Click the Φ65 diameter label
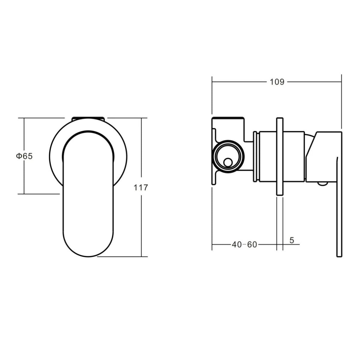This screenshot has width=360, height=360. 24,156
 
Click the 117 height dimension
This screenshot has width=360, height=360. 141,187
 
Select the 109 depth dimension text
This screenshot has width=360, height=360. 277,82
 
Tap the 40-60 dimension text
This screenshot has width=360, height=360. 244,245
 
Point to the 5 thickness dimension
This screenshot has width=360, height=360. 292,240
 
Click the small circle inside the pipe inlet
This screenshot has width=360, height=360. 228,162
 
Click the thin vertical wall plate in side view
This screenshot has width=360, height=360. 280,157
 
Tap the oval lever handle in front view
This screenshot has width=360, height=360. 88,193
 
